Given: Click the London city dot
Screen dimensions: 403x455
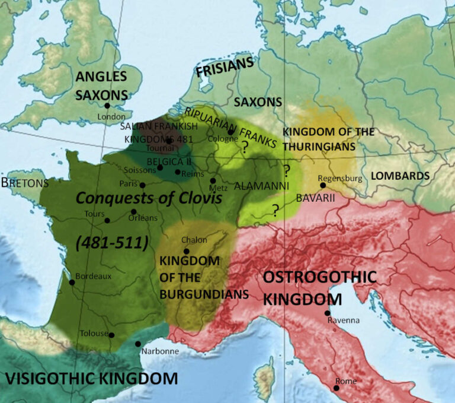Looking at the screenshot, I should pos(107,106).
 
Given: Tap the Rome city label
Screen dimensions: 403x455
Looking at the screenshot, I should pos(346,381).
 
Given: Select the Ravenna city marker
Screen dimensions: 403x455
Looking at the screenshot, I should pos(327,313).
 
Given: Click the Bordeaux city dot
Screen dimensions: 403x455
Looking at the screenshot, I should pos(72,282).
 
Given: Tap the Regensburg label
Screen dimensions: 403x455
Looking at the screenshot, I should pos(339,177).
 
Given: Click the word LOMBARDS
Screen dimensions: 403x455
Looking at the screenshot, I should pos(400,176).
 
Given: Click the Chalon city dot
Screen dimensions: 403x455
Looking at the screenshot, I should pos(186,251).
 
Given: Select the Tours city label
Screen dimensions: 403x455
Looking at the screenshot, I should pos(95,214).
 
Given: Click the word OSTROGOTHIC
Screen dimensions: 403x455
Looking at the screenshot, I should pos(319,277).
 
